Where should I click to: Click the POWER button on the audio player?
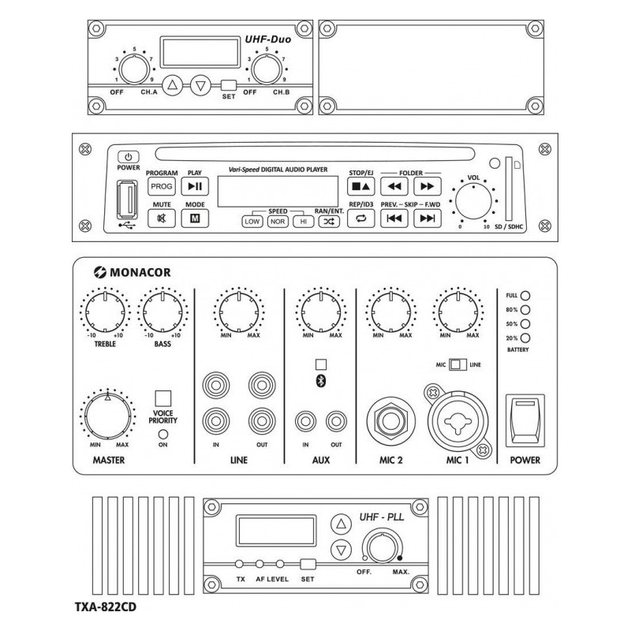click(129, 157)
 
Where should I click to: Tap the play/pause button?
click(194, 186)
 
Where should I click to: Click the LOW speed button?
click(252, 222)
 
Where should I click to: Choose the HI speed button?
click(303, 222)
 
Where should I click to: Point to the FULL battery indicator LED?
click(525, 295)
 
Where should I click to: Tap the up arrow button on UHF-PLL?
click(340, 524)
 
